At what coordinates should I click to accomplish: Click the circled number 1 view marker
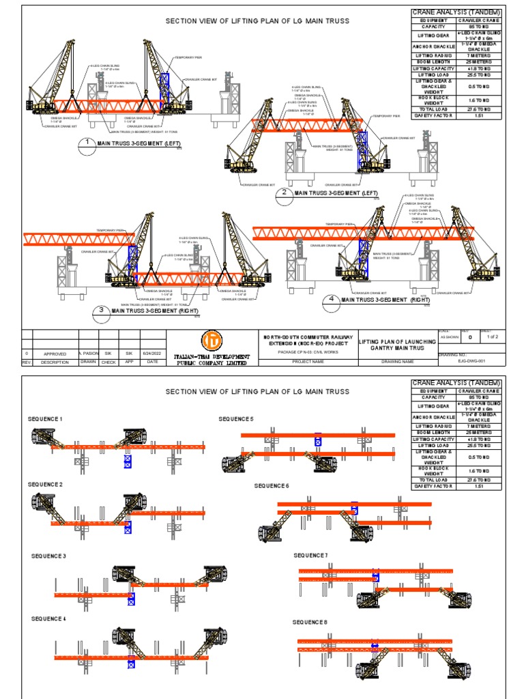pos(87,143)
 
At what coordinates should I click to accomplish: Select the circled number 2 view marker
pos(283,192)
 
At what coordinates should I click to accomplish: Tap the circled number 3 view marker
pos(102,311)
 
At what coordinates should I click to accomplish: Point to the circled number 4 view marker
pos(331,299)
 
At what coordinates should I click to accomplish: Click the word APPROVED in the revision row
pos(55,354)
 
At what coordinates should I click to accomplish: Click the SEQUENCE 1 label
pos(45,418)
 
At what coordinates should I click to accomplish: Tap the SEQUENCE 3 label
pos(48,556)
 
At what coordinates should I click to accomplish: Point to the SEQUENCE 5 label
pos(235,418)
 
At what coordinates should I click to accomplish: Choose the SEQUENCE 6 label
pos(272,485)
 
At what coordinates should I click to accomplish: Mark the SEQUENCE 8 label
pos(310,622)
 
